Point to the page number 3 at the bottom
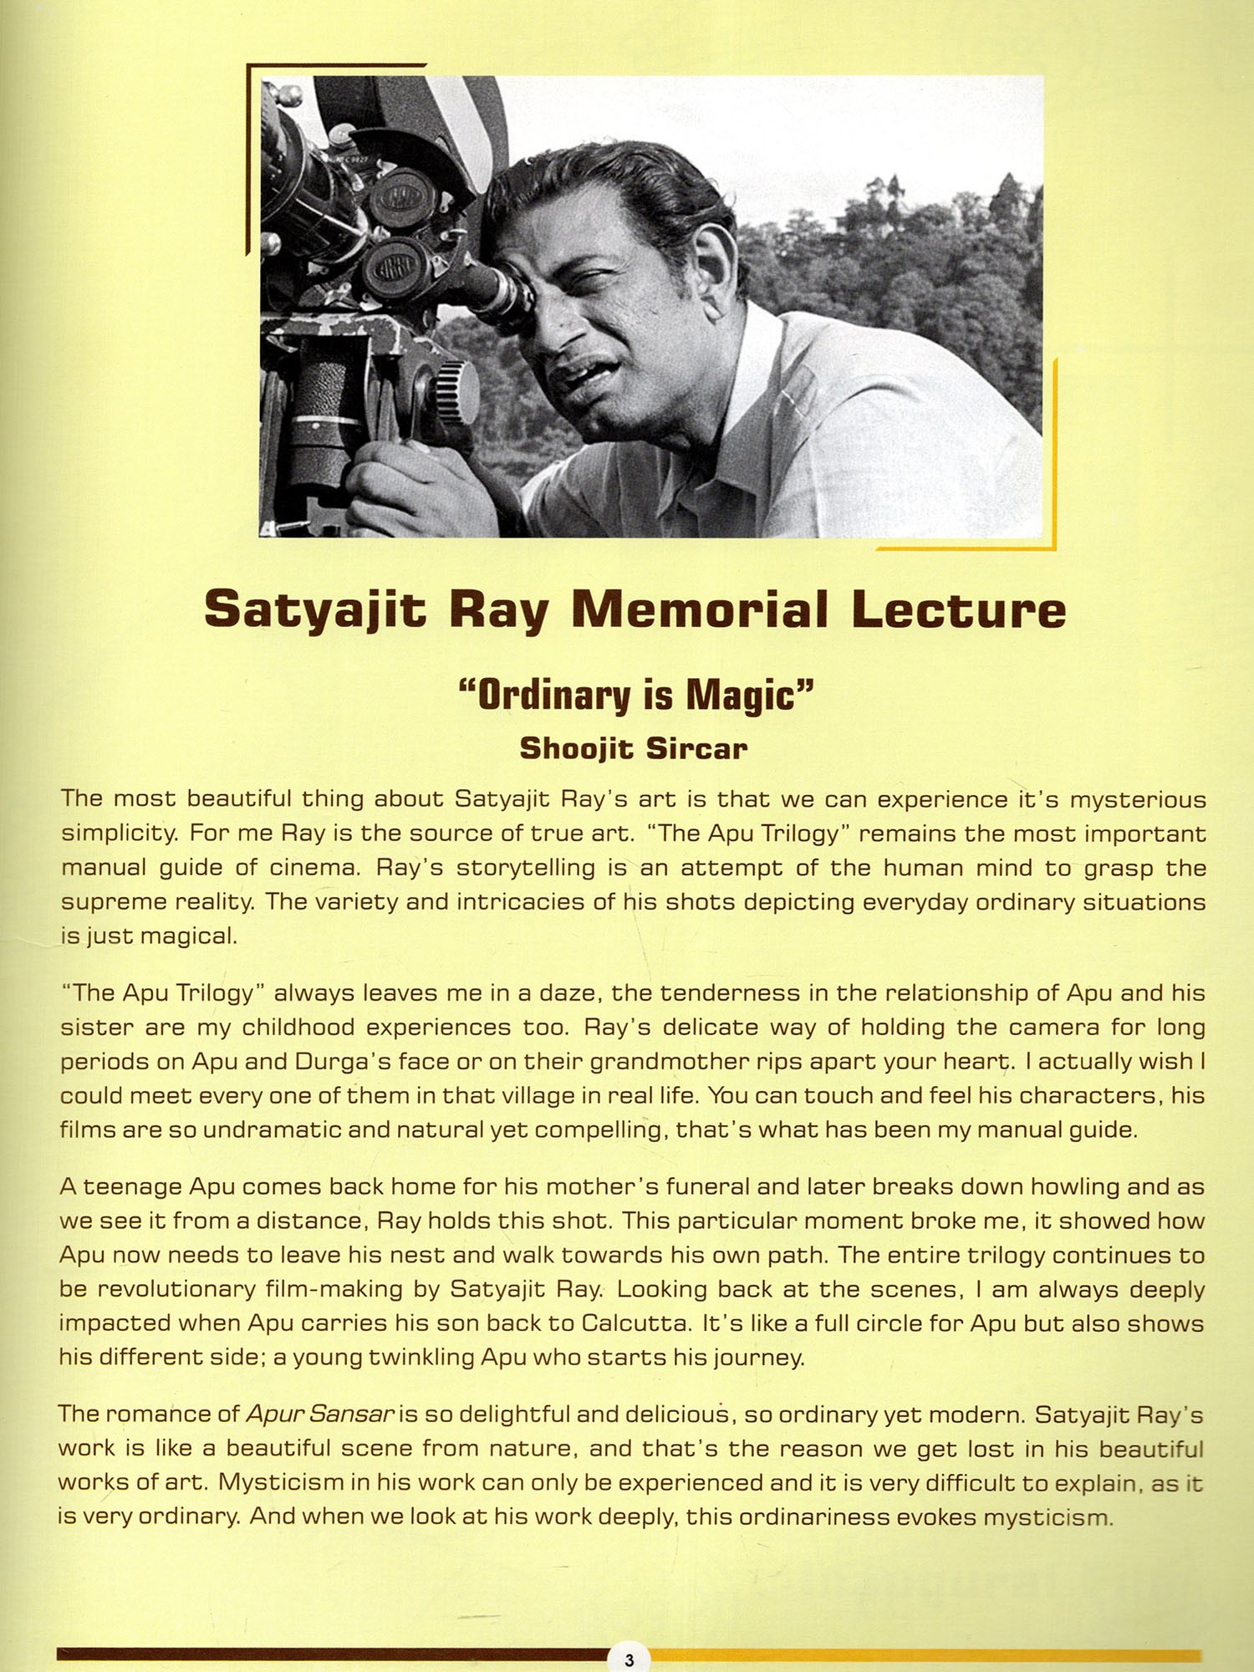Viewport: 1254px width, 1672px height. click(629, 1660)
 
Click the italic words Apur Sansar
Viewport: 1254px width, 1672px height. click(319, 1414)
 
